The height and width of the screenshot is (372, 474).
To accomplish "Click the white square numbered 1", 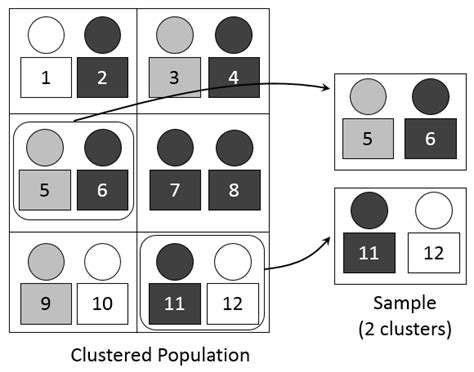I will (x=45, y=77).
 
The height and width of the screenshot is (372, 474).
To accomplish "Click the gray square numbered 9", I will (x=45, y=301).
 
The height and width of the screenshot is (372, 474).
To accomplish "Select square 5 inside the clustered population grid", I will (x=45, y=188).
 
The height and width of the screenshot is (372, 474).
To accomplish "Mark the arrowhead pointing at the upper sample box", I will (x=327, y=89).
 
